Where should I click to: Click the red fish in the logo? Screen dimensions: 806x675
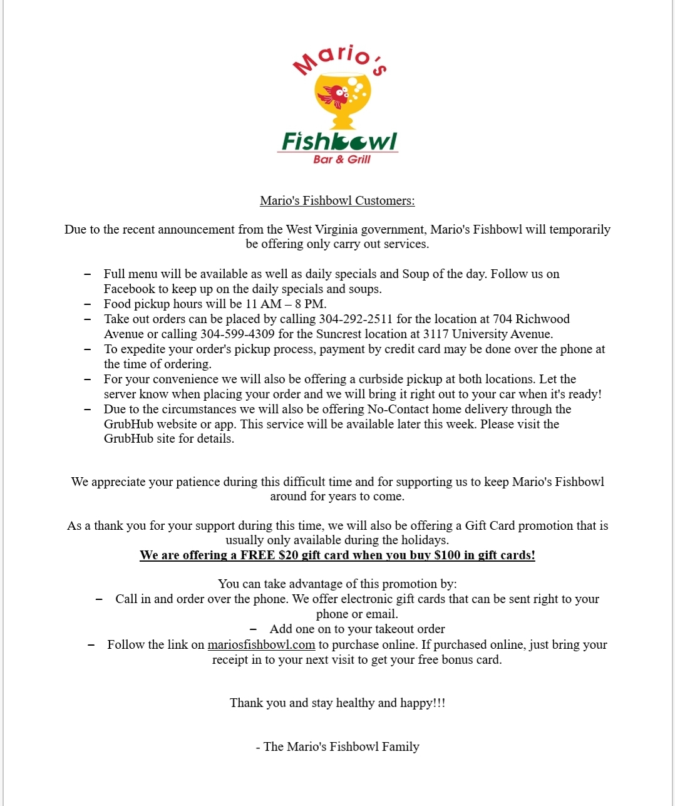[333, 96]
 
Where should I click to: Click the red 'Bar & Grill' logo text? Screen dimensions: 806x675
[342, 160]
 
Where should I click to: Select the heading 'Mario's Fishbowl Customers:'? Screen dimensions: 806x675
[337, 200]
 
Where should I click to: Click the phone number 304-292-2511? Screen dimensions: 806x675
[356, 319]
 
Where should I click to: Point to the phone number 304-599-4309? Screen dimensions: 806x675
[237, 334]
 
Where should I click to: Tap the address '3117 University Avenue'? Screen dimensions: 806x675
[488, 334]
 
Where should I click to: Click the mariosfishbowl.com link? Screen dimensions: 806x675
[261, 644]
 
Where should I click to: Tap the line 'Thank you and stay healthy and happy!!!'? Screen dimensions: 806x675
[337, 703]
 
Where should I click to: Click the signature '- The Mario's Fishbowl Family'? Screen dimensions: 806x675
[337, 747]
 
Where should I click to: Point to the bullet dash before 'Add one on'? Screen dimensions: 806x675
[253, 629]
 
